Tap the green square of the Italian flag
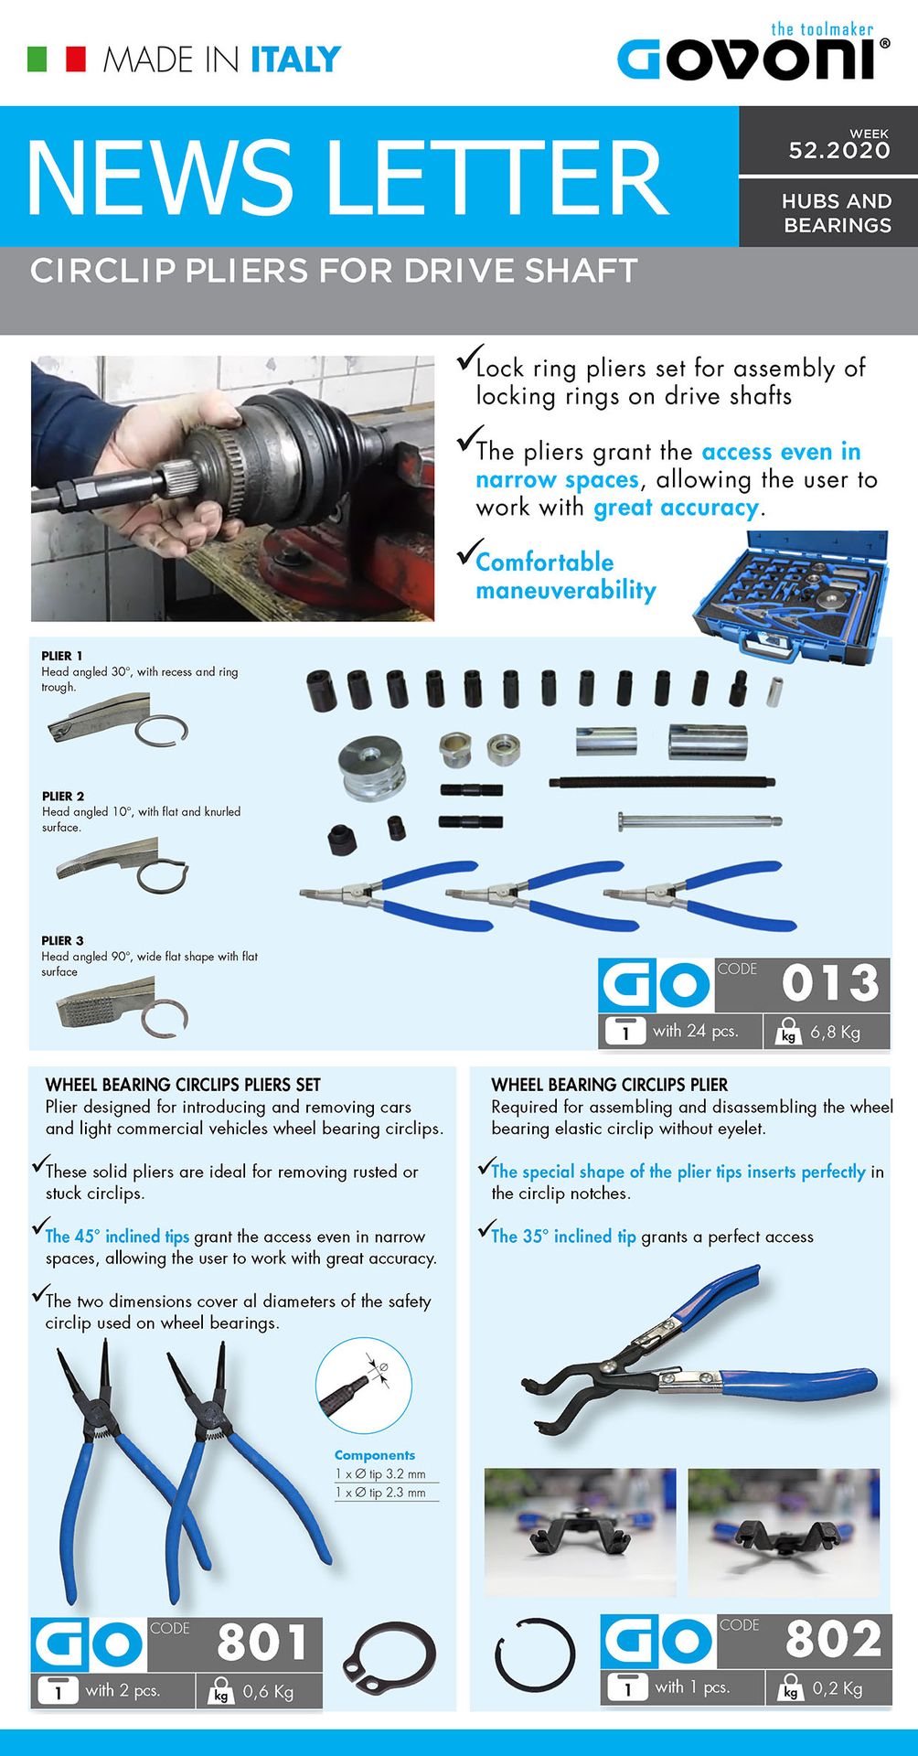point(37,59)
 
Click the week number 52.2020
point(839,151)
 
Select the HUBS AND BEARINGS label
point(837,213)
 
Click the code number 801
point(262,1643)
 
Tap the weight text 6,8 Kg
point(835,1033)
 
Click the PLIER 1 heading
point(62,656)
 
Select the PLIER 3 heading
point(62,940)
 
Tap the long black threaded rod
point(662,782)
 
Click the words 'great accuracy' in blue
point(676,509)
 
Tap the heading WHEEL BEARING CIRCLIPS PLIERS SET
point(183,1085)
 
